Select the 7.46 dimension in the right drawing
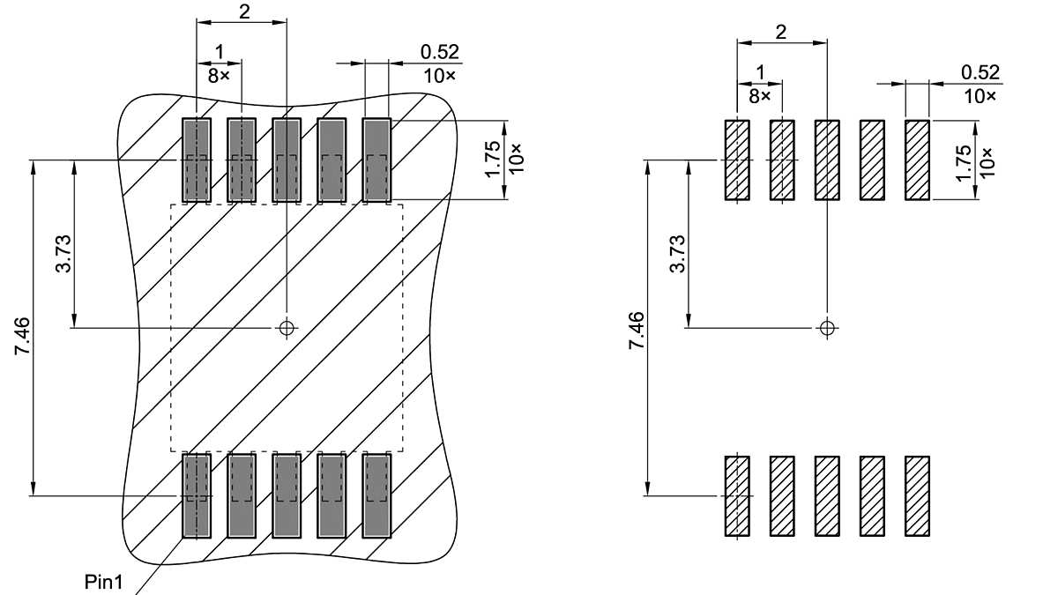pyautogui.click(x=637, y=331)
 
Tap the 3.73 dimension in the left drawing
pyautogui.click(x=63, y=255)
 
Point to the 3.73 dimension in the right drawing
pyautogui.click(x=677, y=255)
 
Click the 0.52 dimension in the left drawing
pyautogui.click(x=440, y=53)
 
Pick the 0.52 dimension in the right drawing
pyautogui.click(x=980, y=72)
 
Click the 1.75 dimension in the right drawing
pyautogui.click(x=964, y=160)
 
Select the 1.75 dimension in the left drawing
pyautogui.click(x=492, y=159)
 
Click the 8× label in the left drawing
pyautogui.click(x=218, y=76)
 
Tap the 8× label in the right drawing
pyautogui.click(x=759, y=94)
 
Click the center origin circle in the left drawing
pyautogui.click(x=286, y=328)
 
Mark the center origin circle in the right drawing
pyautogui.click(x=826, y=328)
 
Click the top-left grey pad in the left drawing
pyautogui.click(x=197, y=160)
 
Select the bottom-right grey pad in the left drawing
pyautogui.click(x=377, y=495)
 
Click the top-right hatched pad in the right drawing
pyautogui.click(x=917, y=160)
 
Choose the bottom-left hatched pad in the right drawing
pyautogui.click(x=736, y=495)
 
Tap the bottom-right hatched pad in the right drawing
pyautogui.click(x=917, y=495)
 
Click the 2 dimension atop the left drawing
pyautogui.click(x=242, y=11)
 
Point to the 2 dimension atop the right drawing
pyautogui.click(x=781, y=32)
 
